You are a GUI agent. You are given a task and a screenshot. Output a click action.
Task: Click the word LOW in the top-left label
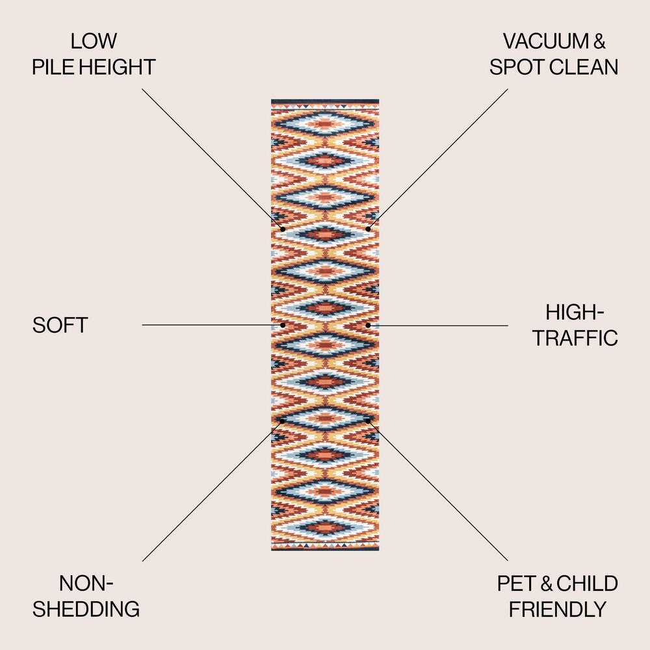(x=94, y=41)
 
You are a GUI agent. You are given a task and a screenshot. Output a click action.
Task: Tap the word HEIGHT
(x=117, y=67)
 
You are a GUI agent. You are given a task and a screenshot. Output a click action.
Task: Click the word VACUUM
(x=545, y=41)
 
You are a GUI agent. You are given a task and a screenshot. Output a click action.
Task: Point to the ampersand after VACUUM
(x=599, y=41)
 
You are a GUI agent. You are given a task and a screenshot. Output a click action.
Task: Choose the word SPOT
(x=515, y=67)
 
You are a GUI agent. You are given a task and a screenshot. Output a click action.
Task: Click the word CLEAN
(x=582, y=67)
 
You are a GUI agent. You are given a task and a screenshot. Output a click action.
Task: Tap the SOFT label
(x=60, y=325)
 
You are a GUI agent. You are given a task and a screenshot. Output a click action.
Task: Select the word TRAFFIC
(x=575, y=338)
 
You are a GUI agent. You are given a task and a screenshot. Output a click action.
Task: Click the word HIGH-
(x=575, y=312)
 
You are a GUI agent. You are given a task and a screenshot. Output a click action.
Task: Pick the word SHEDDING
(x=86, y=609)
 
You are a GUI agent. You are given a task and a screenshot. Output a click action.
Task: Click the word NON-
(x=86, y=583)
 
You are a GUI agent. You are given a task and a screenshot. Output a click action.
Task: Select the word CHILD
(x=587, y=583)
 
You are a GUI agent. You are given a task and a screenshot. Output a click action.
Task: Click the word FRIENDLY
(x=558, y=609)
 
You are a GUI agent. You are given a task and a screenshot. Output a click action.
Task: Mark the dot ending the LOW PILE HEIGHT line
(x=283, y=229)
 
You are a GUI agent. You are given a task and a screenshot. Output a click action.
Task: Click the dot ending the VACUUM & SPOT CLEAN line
(x=368, y=229)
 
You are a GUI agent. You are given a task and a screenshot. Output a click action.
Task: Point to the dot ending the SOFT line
(x=283, y=325)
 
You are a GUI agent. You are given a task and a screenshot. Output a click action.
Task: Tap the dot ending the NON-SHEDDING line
(x=282, y=421)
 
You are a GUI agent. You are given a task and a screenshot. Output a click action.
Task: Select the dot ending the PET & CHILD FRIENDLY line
(x=368, y=421)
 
